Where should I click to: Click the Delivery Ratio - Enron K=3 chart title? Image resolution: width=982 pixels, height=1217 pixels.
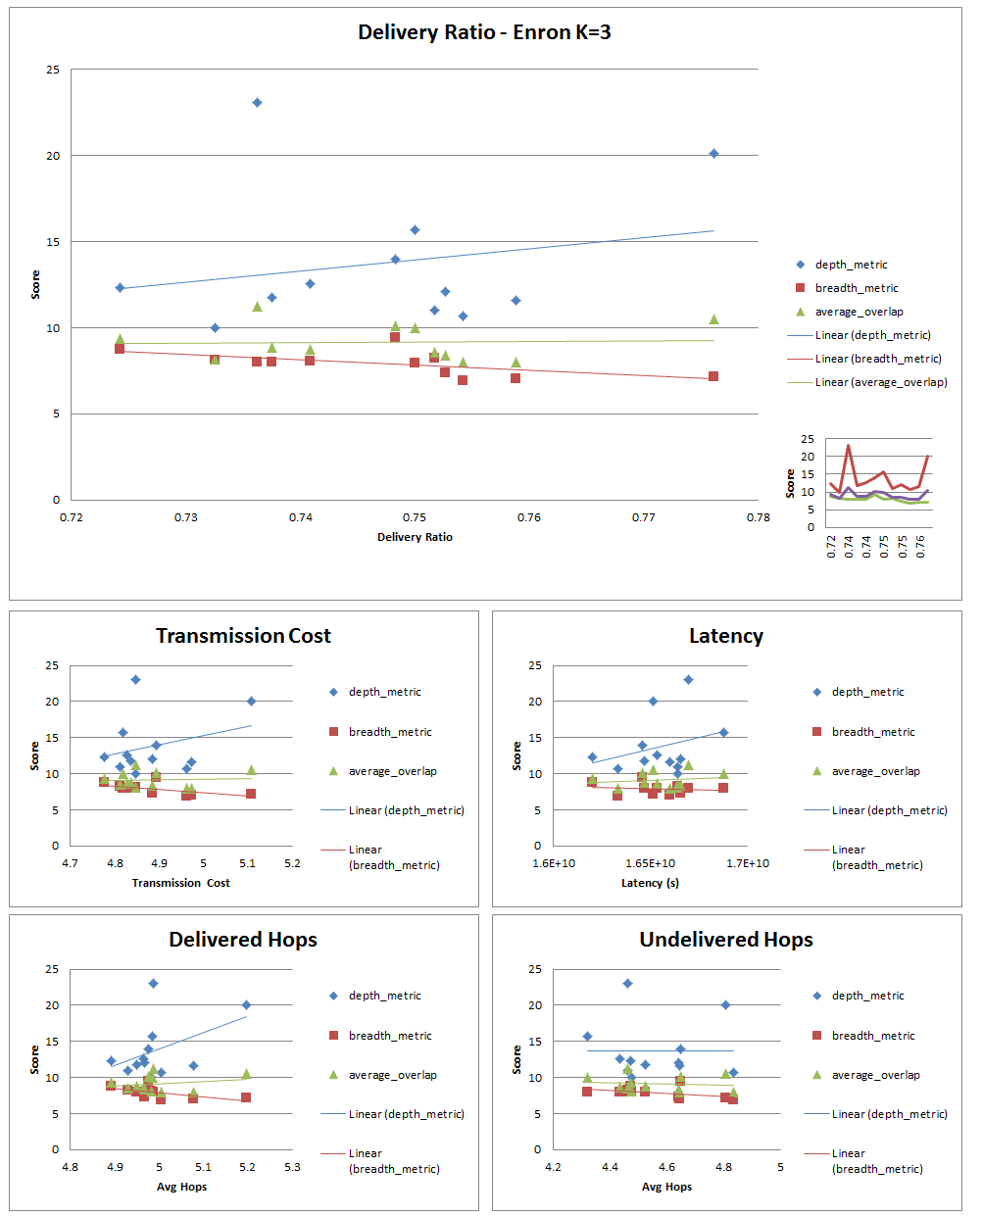pyautogui.click(x=484, y=32)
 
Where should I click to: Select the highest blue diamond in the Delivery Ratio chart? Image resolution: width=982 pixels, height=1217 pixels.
pyautogui.click(x=257, y=103)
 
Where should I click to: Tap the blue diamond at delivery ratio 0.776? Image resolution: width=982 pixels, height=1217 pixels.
pyautogui.click(x=713, y=154)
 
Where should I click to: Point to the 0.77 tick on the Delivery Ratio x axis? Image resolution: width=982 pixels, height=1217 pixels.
pyautogui.click(x=644, y=517)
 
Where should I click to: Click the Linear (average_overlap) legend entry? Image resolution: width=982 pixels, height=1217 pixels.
pyautogui.click(x=880, y=382)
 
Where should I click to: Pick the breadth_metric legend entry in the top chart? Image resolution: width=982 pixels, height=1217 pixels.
pyautogui.click(x=856, y=288)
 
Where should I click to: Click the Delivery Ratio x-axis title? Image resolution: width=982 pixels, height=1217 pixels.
pyautogui.click(x=415, y=537)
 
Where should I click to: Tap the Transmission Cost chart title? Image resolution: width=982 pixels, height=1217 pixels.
pyautogui.click(x=243, y=636)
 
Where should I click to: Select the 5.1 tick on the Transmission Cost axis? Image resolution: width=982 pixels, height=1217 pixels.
pyautogui.click(x=248, y=863)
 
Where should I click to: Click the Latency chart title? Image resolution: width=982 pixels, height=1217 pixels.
pyautogui.click(x=725, y=636)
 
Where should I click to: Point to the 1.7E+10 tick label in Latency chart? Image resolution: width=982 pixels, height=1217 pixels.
pyautogui.click(x=747, y=863)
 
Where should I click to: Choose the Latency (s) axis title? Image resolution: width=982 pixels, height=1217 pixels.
pyautogui.click(x=650, y=883)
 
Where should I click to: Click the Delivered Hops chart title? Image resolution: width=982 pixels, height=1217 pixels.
pyautogui.click(x=243, y=940)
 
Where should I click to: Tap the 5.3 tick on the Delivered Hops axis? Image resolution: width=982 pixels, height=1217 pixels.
pyautogui.click(x=292, y=1167)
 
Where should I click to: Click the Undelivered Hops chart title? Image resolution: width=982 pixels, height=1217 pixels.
pyautogui.click(x=725, y=940)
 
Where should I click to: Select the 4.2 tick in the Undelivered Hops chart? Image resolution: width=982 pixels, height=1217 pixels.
pyautogui.click(x=554, y=1167)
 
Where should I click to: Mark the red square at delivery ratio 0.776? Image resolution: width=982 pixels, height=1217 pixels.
pyautogui.click(x=713, y=376)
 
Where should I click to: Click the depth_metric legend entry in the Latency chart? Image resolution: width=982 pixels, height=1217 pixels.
pyautogui.click(x=867, y=692)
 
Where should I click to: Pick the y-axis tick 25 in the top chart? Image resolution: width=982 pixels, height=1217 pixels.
pyautogui.click(x=53, y=70)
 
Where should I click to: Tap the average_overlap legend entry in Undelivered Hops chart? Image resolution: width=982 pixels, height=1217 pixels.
pyautogui.click(x=875, y=1075)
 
